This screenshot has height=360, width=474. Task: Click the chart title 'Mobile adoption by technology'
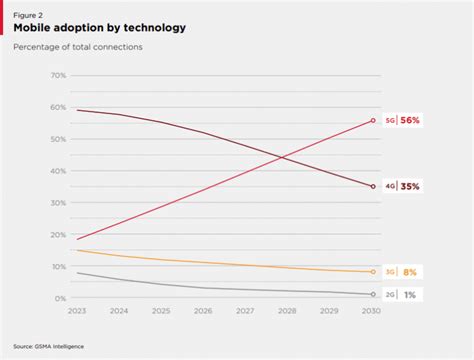(x=99, y=28)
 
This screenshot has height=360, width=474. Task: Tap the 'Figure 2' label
(x=29, y=14)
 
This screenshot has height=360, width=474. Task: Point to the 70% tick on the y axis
(x=58, y=76)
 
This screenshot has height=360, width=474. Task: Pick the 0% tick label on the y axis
(x=60, y=298)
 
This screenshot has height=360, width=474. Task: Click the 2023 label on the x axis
(x=77, y=311)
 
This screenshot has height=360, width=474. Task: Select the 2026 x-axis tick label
(x=204, y=311)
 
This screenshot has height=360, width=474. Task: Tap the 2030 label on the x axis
(x=372, y=311)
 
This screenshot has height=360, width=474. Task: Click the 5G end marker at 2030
(x=373, y=120)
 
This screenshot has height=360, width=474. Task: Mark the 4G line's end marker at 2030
(x=373, y=186)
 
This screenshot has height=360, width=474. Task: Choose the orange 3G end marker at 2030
(x=373, y=272)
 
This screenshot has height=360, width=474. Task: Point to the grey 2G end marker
(x=373, y=295)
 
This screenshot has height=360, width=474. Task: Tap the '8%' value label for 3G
(x=411, y=272)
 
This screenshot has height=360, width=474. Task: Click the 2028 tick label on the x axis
(x=288, y=311)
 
